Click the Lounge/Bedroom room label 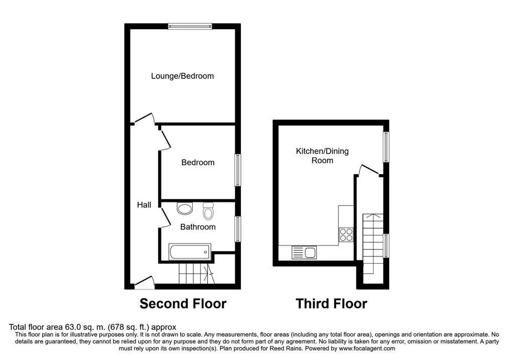(x=182, y=76)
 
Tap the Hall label (x=144, y=205)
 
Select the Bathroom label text (x=198, y=227)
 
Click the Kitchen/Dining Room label (x=322, y=156)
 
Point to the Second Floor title (x=183, y=304)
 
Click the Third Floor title (x=331, y=304)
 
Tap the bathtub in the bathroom (x=190, y=252)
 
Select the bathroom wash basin (x=185, y=208)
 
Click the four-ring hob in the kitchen (x=346, y=234)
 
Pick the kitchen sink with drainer (x=304, y=253)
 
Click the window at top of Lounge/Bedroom (x=190, y=26)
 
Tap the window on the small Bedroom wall (x=238, y=170)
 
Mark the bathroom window (x=238, y=229)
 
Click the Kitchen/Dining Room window (x=387, y=147)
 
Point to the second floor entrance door (x=145, y=283)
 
